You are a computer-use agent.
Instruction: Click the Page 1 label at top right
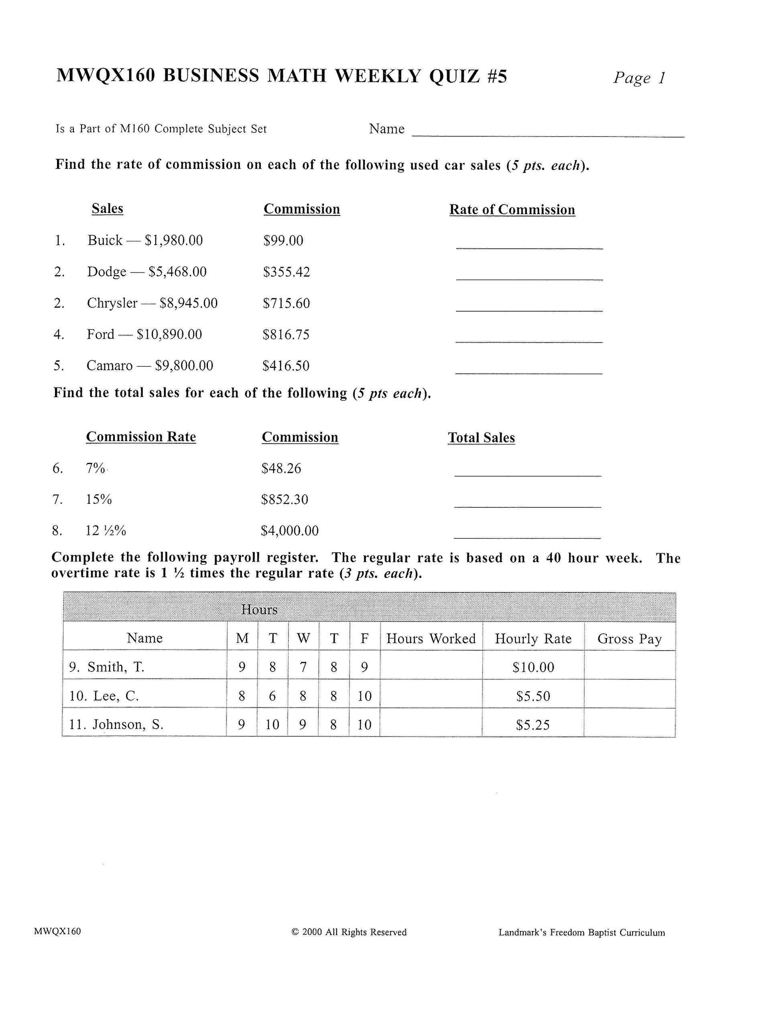639,78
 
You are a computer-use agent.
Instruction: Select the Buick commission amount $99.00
283,241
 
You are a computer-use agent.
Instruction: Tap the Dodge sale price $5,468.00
177,272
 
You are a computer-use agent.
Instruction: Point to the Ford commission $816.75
286,335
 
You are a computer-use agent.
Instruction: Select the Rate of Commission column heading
512,209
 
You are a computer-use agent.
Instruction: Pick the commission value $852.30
285,499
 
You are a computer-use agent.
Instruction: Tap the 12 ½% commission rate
106,530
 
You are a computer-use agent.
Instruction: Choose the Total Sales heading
481,438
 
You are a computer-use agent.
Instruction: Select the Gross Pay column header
629,639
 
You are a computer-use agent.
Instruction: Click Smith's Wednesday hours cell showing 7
303,667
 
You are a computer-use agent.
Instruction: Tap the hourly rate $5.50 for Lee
533,696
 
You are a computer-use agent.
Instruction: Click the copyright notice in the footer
349,932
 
